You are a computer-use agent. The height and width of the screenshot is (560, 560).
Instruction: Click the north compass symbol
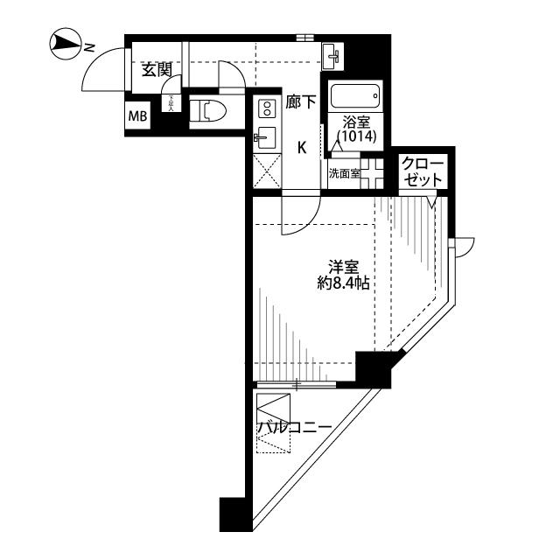click(63, 41)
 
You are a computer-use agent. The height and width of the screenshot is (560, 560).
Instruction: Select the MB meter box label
click(137, 115)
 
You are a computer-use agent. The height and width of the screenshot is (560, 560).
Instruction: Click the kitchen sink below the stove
click(265, 138)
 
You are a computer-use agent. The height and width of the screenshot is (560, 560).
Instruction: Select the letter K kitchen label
click(301, 147)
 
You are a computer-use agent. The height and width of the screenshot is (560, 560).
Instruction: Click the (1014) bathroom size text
click(357, 137)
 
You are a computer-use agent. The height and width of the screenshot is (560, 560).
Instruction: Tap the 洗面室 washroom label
click(344, 173)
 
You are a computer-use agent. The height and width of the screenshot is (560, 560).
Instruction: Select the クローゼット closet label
click(423, 170)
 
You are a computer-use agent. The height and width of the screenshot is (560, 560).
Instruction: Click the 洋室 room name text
click(342, 267)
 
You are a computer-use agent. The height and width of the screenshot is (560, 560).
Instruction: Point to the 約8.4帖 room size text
click(342, 283)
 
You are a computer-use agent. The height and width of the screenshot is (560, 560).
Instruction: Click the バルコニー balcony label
click(294, 428)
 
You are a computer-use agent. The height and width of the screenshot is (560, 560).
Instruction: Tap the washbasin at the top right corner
click(333, 58)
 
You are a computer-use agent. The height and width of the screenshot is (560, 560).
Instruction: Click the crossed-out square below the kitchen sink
click(267, 170)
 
